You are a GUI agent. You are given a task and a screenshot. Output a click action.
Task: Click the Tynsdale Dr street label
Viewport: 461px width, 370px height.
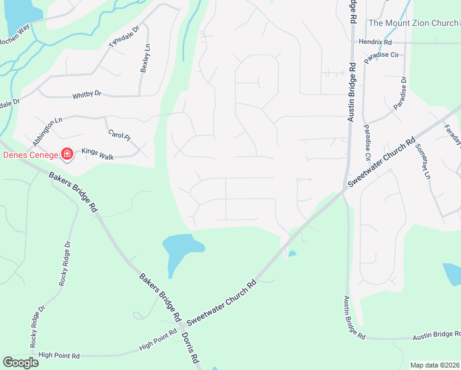(x=124, y=36)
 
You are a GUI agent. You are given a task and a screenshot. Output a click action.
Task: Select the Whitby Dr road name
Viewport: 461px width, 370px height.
(x=86, y=94)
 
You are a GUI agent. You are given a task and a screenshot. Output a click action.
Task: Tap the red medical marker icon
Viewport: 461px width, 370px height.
(x=67, y=154)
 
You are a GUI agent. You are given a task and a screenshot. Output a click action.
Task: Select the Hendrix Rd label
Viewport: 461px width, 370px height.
(x=375, y=42)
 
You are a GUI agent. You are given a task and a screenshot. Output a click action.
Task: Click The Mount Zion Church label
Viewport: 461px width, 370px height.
(x=413, y=23)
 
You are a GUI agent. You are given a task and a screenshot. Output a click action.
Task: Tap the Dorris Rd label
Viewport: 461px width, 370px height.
(x=189, y=348)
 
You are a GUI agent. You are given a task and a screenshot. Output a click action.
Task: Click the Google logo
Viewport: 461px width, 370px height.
(x=20, y=362)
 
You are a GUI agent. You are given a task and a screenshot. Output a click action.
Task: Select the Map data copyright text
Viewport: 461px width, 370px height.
(x=435, y=365)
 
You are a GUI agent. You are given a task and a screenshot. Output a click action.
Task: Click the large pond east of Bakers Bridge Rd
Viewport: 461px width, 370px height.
(x=180, y=249)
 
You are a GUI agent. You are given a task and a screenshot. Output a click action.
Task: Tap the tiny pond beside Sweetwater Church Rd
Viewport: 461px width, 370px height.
(x=292, y=253)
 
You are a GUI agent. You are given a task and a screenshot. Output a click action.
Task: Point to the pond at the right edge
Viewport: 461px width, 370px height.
(x=452, y=274)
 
